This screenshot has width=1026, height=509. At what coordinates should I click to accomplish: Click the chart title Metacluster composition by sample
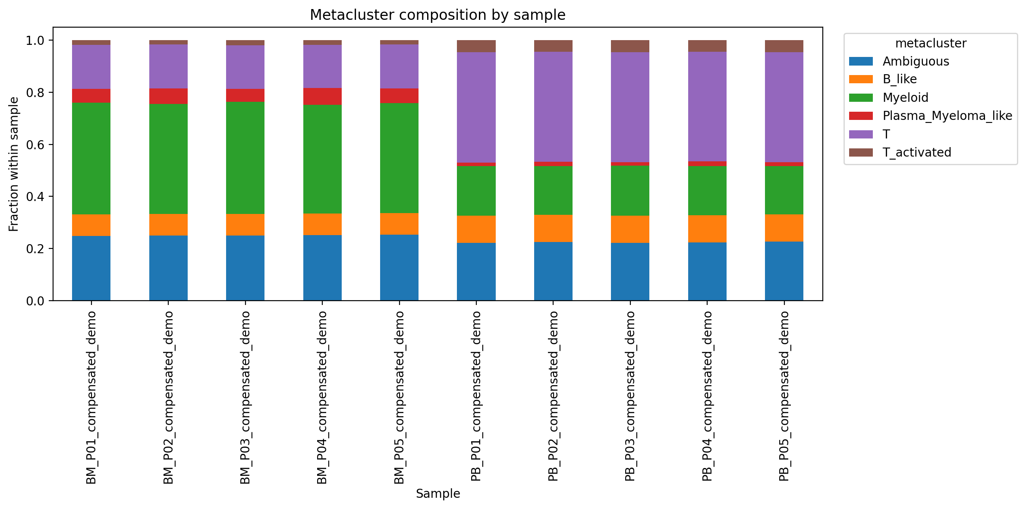coord(437,15)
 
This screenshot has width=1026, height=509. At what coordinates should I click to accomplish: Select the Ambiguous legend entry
coord(915,61)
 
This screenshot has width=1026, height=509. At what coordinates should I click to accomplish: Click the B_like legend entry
coord(899,79)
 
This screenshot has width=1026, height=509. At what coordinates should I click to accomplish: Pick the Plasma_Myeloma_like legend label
coord(947,116)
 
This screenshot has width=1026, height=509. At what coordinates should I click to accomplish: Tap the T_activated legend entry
coord(916,152)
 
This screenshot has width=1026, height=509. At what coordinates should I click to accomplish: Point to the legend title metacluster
coord(931,44)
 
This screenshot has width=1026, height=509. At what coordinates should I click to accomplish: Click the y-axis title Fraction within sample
coord(14,164)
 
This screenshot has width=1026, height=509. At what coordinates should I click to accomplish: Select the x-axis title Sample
coord(437,493)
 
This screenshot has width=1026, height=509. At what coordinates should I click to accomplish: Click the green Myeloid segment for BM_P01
coord(91,158)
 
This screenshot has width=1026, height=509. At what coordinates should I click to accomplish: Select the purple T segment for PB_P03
coord(630,107)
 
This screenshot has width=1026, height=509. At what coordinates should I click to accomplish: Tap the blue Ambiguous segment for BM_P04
coord(322,267)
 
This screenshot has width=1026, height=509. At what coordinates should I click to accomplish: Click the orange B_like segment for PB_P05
coord(784,228)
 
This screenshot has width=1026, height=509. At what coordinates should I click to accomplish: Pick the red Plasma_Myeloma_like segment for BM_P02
coord(168,96)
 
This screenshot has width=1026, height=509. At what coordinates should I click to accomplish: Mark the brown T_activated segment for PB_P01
coord(476,46)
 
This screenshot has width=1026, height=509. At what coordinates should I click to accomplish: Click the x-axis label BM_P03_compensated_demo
coord(245,397)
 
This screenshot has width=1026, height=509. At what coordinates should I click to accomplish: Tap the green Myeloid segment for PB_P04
coord(707,191)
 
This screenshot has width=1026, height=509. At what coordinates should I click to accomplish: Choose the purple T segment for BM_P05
coord(399,66)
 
